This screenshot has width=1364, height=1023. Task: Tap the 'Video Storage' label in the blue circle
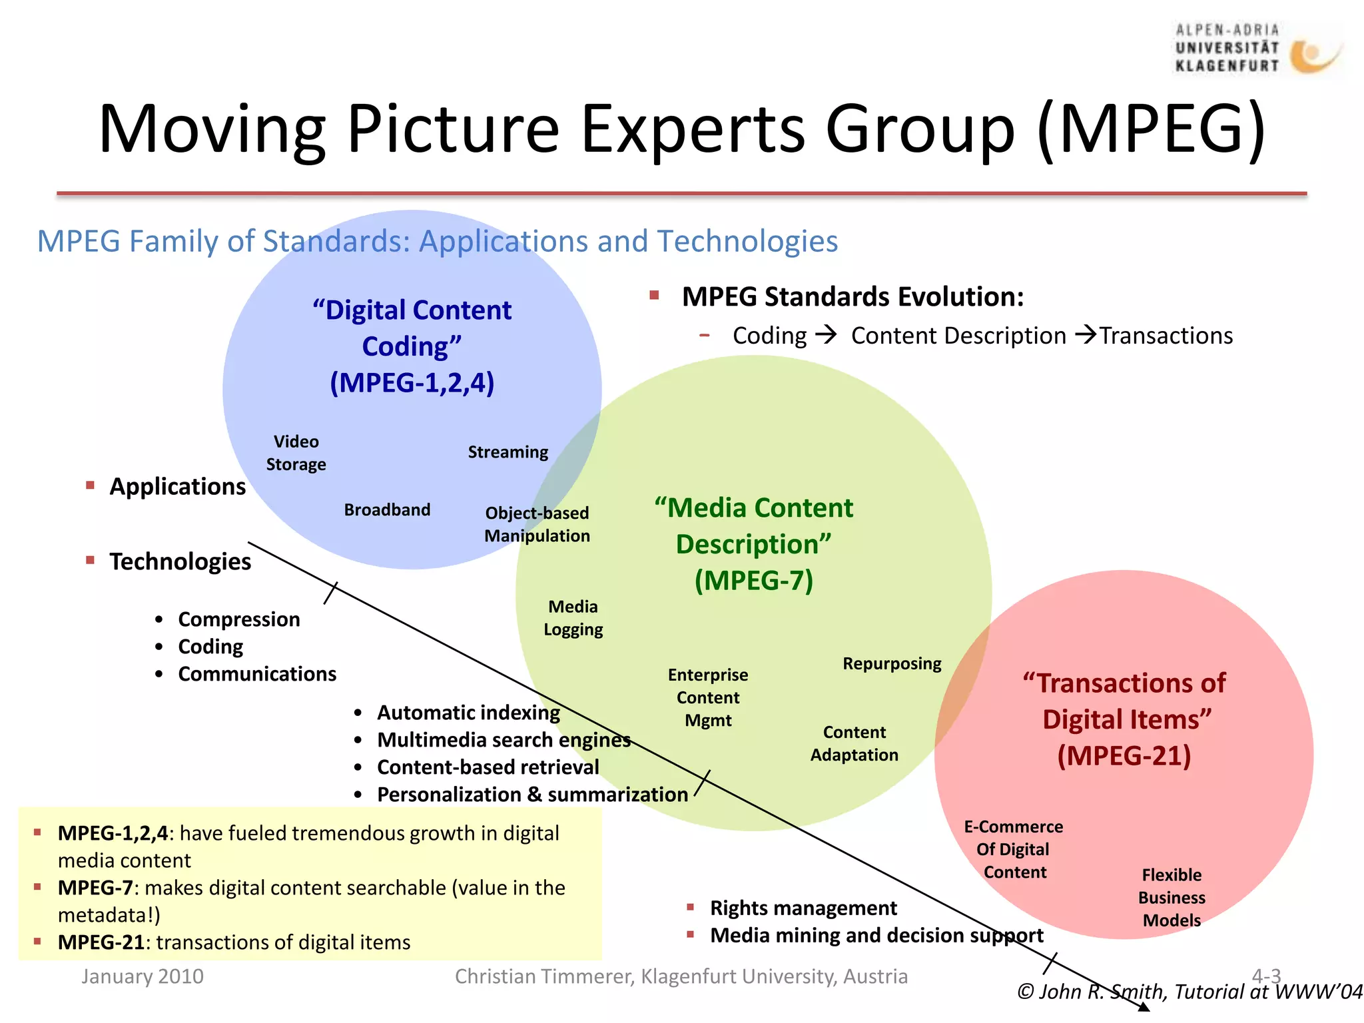[x=296, y=453]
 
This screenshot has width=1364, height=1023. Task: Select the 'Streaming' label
[x=508, y=452]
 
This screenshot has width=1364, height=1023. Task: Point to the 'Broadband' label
[x=387, y=510]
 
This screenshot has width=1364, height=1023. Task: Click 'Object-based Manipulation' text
[x=537, y=525]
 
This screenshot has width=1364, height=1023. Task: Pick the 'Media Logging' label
[x=573, y=618]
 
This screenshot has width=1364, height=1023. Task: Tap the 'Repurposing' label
[x=892, y=664]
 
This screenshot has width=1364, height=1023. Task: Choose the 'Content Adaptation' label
[x=854, y=744]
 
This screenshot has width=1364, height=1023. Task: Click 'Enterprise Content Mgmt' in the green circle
[x=708, y=698]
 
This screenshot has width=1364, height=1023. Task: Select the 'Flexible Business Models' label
[x=1172, y=898]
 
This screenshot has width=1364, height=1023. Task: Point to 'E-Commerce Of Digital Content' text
[x=1014, y=850]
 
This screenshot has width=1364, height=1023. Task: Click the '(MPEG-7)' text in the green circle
[x=754, y=581]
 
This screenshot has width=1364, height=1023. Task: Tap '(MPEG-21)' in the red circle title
[x=1124, y=756]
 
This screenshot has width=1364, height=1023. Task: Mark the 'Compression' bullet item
[x=238, y=619]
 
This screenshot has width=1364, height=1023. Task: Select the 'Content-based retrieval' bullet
[x=488, y=767]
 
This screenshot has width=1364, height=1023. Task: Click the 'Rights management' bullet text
[x=803, y=908]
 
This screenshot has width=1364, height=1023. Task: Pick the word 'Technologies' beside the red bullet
[x=180, y=561]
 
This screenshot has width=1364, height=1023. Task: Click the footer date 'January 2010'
[x=143, y=976]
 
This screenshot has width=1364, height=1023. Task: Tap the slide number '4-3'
[x=1266, y=976]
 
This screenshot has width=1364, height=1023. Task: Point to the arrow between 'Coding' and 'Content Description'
[x=826, y=334]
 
